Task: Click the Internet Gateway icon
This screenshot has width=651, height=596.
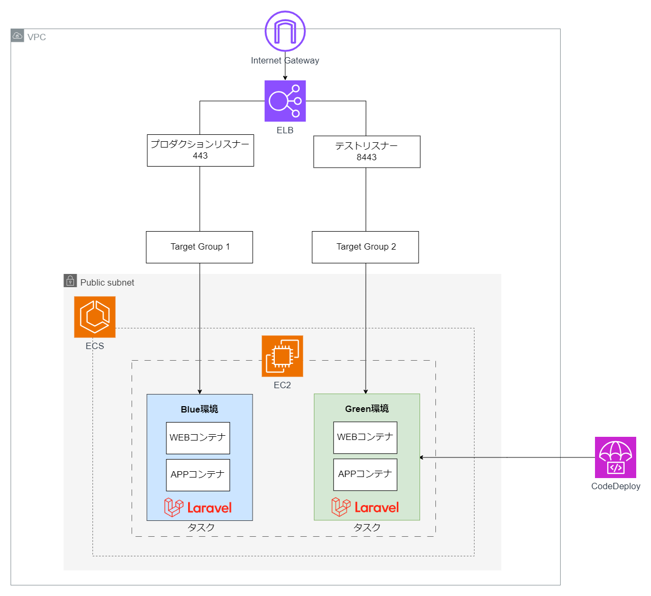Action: (285, 31)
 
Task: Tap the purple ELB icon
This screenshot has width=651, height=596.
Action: (285, 101)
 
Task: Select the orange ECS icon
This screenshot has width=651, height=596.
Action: (95, 317)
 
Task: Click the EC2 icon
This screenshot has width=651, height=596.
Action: (282, 356)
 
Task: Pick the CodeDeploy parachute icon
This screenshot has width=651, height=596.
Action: (615, 457)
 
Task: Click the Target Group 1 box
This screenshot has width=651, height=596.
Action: (199, 247)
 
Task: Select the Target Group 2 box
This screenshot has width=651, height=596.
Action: (366, 247)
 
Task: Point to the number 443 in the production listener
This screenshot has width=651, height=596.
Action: (200, 155)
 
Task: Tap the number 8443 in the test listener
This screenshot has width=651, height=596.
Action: (367, 157)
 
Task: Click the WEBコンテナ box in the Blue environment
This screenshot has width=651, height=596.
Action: (198, 438)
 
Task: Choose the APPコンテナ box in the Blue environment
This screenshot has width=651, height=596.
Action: (198, 475)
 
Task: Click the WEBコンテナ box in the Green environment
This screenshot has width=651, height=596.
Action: (366, 437)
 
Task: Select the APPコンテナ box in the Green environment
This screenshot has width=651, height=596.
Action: (366, 474)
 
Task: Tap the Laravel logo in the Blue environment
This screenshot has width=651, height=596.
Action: (198, 507)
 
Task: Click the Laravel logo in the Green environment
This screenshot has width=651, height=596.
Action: (366, 507)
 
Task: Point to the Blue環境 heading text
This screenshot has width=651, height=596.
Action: (199, 409)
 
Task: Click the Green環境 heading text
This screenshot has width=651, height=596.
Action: (367, 409)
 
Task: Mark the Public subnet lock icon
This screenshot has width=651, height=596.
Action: (70, 281)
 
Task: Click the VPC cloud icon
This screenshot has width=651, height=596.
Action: (17, 35)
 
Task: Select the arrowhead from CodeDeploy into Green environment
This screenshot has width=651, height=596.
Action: (422, 457)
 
